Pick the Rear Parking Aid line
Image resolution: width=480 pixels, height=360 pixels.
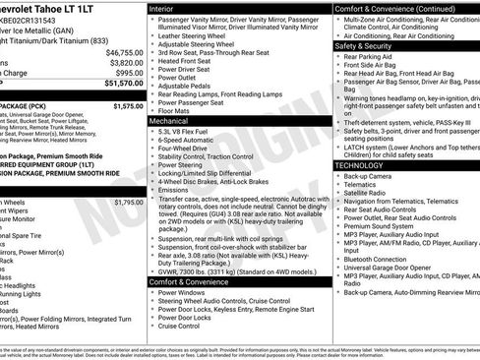coord(368,57)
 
